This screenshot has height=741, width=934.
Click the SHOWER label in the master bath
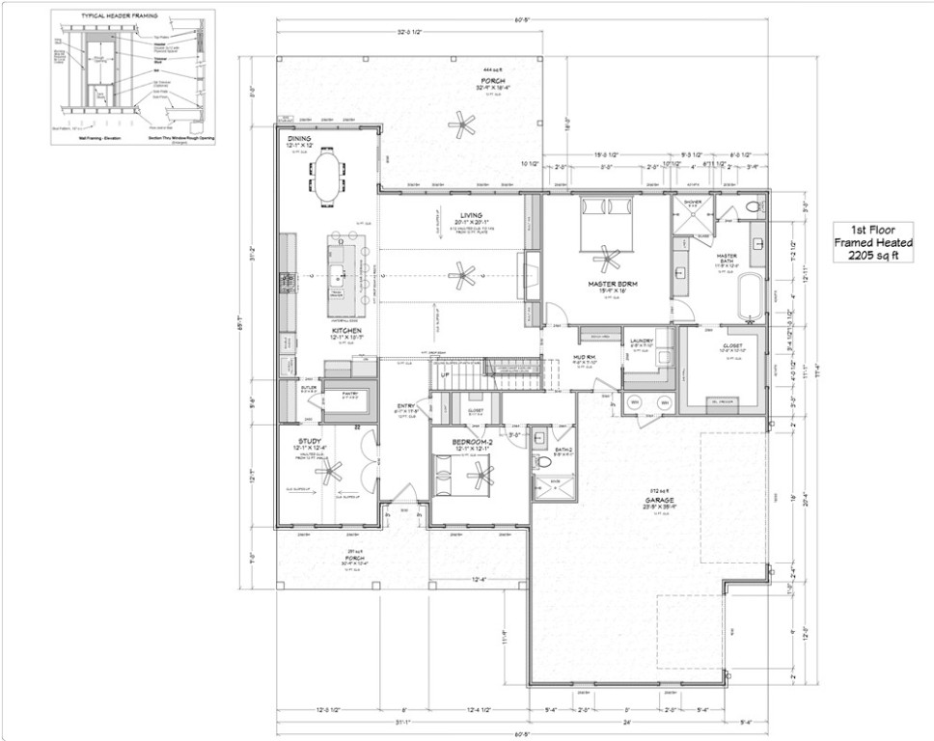(693, 202)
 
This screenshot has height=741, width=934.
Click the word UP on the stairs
(445, 374)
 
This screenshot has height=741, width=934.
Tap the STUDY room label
(309, 440)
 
